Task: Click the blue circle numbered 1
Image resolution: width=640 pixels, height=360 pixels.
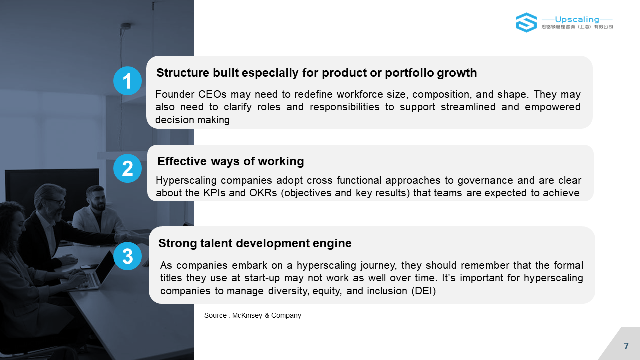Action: point(127,81)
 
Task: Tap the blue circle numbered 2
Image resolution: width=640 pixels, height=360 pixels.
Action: point(127,168)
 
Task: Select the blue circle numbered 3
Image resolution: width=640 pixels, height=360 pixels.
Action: point(127,256)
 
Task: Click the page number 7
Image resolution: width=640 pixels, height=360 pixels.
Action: point(626,346)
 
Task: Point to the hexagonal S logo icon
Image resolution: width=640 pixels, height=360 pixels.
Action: point(526,22)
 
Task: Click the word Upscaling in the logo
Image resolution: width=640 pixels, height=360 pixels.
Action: point(577,19)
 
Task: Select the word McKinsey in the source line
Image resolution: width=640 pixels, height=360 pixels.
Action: point(247,315)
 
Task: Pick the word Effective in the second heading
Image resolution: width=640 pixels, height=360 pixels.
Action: point(182,161)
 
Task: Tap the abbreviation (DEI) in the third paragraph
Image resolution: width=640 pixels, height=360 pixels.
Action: point(423,291)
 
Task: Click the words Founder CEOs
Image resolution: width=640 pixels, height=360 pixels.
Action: point(191,94)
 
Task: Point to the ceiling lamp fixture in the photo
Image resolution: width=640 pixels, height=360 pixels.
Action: point(125,26)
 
